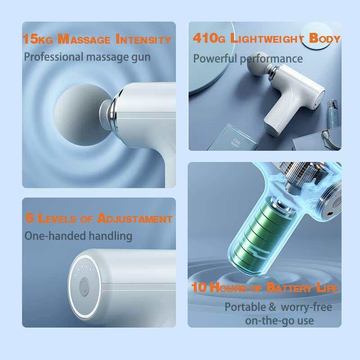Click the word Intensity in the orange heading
144,39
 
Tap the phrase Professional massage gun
87,57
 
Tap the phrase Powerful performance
248,58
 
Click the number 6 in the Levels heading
30,219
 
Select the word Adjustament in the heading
135,219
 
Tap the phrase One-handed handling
78,235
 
